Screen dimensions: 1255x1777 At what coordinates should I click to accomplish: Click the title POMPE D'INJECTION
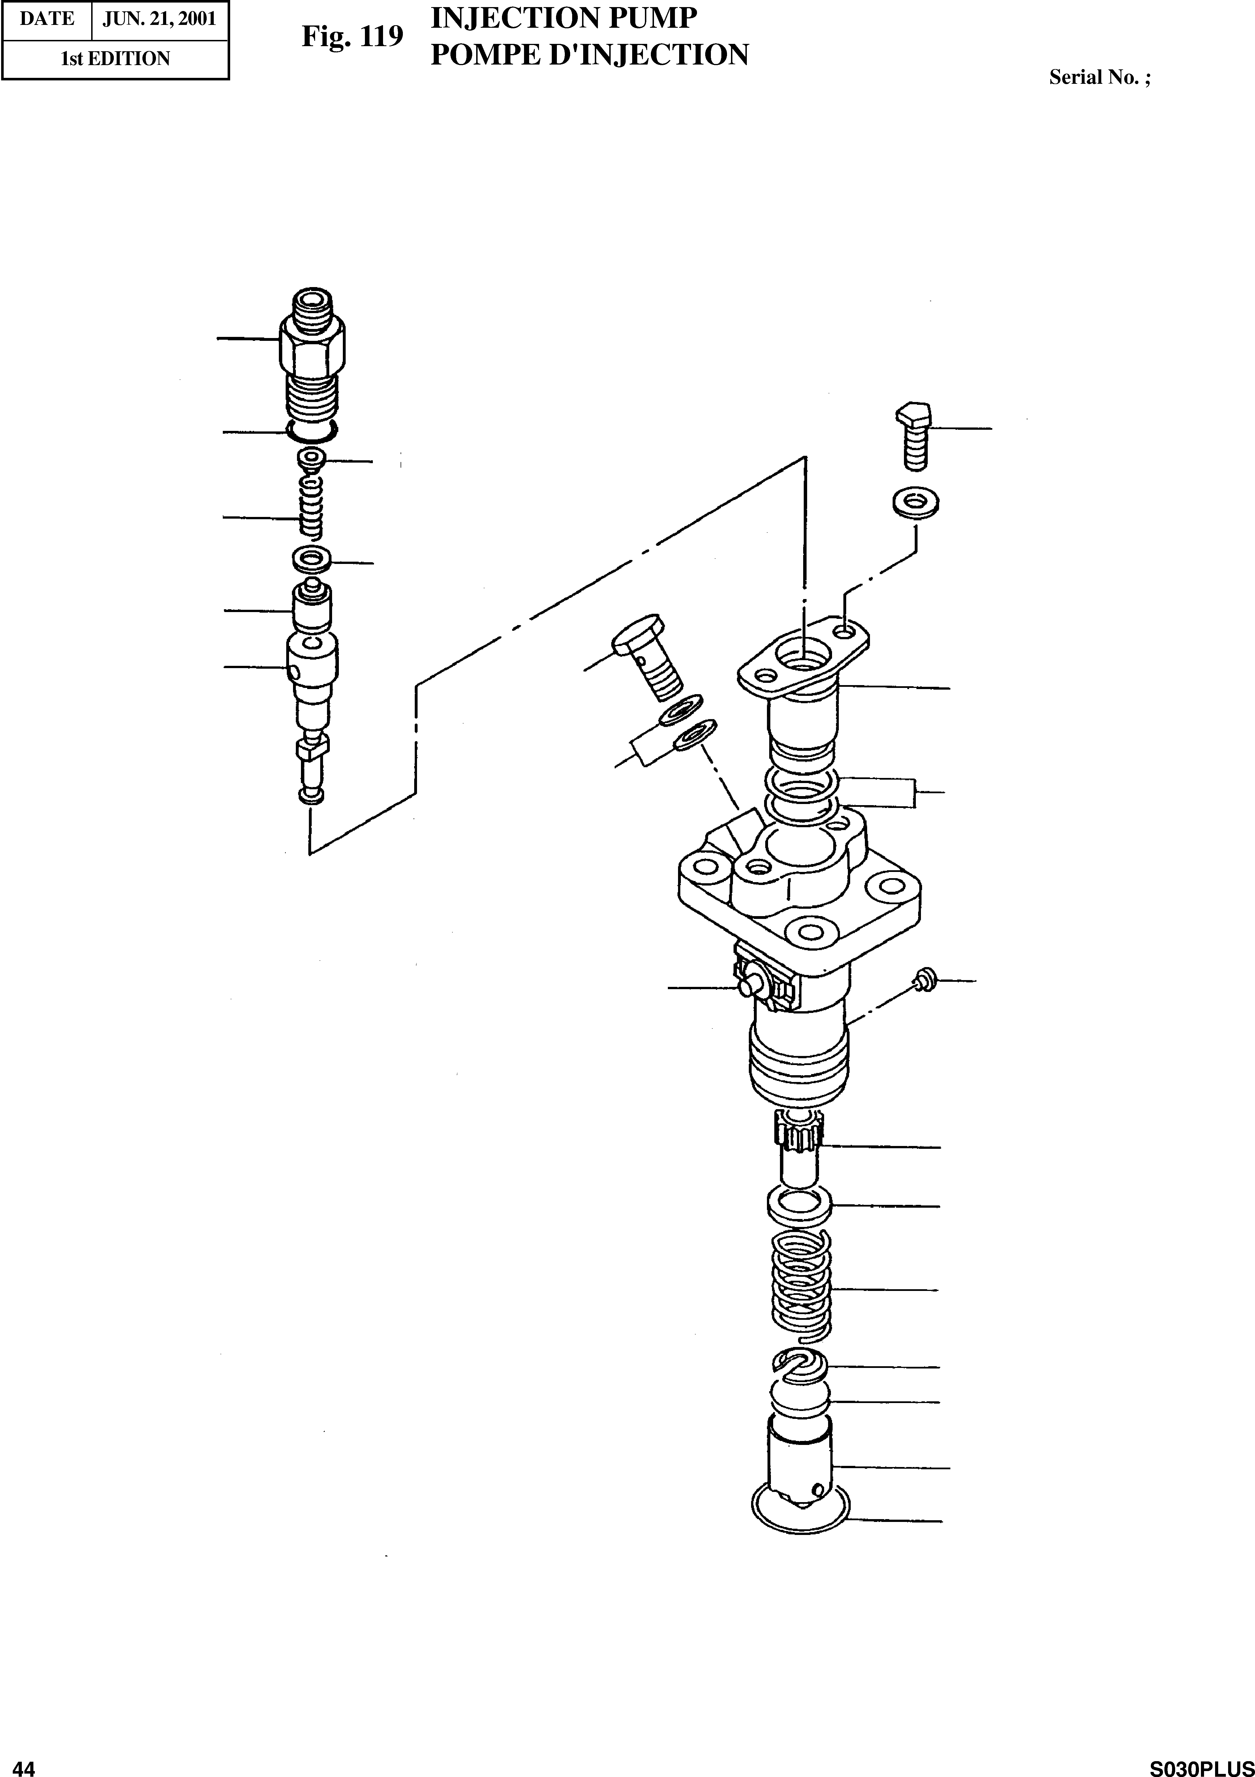[589, 55]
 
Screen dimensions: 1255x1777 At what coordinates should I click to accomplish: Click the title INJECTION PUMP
[563, 19]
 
